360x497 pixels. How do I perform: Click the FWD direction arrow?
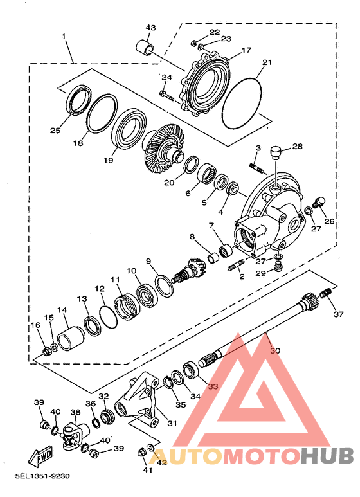40,456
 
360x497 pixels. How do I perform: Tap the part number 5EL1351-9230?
42,476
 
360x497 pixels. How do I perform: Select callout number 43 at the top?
151,28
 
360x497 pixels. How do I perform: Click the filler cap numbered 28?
276,153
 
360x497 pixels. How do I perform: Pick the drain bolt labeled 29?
279,269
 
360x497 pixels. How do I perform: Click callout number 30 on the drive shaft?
275,350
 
